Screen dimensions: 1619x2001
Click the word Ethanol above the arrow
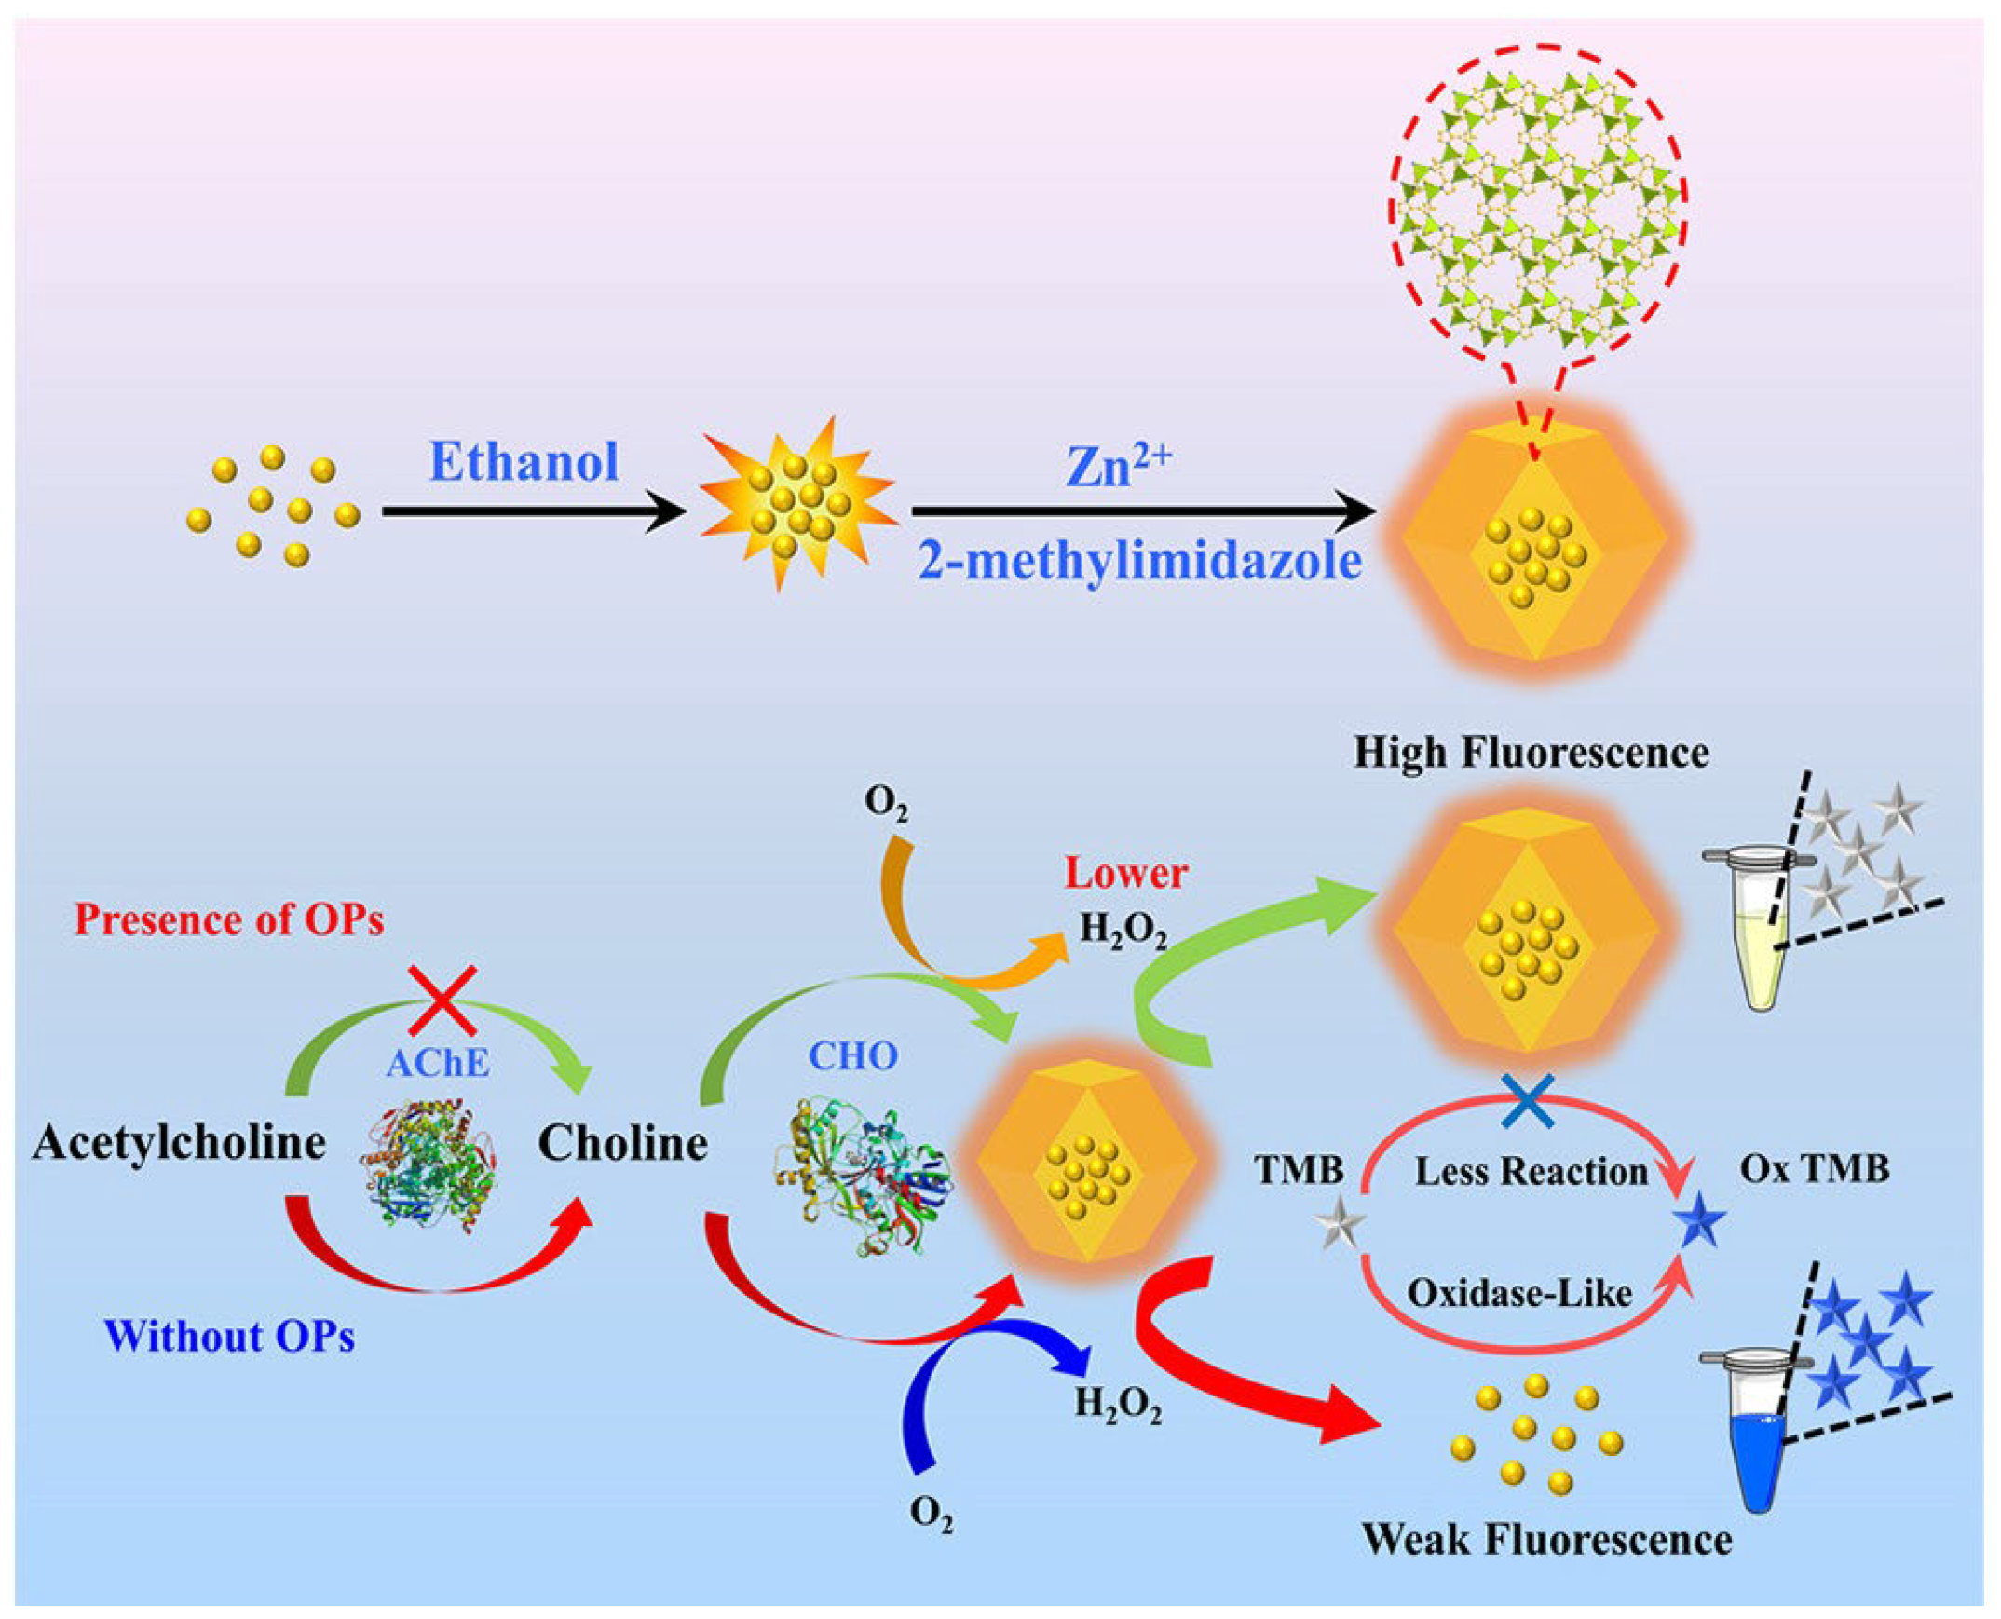point(524,462)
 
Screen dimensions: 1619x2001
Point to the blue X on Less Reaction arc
point(1528,1099)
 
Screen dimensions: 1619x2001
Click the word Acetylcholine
point(179,1143)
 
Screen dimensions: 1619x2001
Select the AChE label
point(437,1063)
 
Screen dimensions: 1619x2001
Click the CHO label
point(852,1055)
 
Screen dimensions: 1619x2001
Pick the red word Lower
point(1125,874)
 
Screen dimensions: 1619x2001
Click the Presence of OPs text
point(229,920)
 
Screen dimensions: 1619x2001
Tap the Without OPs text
point(230,1337)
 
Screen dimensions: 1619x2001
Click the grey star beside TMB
point(1342,1226)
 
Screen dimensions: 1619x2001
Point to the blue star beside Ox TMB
point(1703,1226)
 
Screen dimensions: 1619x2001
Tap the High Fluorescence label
point(1531,752)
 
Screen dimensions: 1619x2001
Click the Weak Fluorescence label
point(1547,1539)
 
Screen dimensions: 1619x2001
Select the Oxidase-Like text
point(1520,1293)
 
